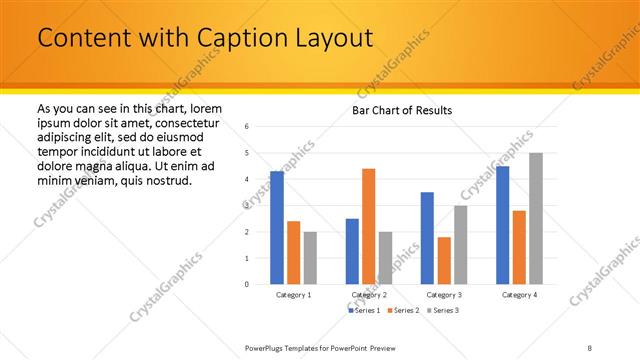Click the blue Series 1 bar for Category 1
pos(277,227)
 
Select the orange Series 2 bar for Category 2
pos(368,226)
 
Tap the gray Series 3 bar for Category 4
pos(536,218)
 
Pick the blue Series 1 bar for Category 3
pos(427,238)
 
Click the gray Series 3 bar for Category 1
pos(309,257)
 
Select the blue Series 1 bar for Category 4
pos(503,225)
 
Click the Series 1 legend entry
pos(365,311)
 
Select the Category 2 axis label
pos(368,295)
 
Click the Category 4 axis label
pos(519,295)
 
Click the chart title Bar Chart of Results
pos(402,109)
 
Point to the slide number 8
pos(590,347)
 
